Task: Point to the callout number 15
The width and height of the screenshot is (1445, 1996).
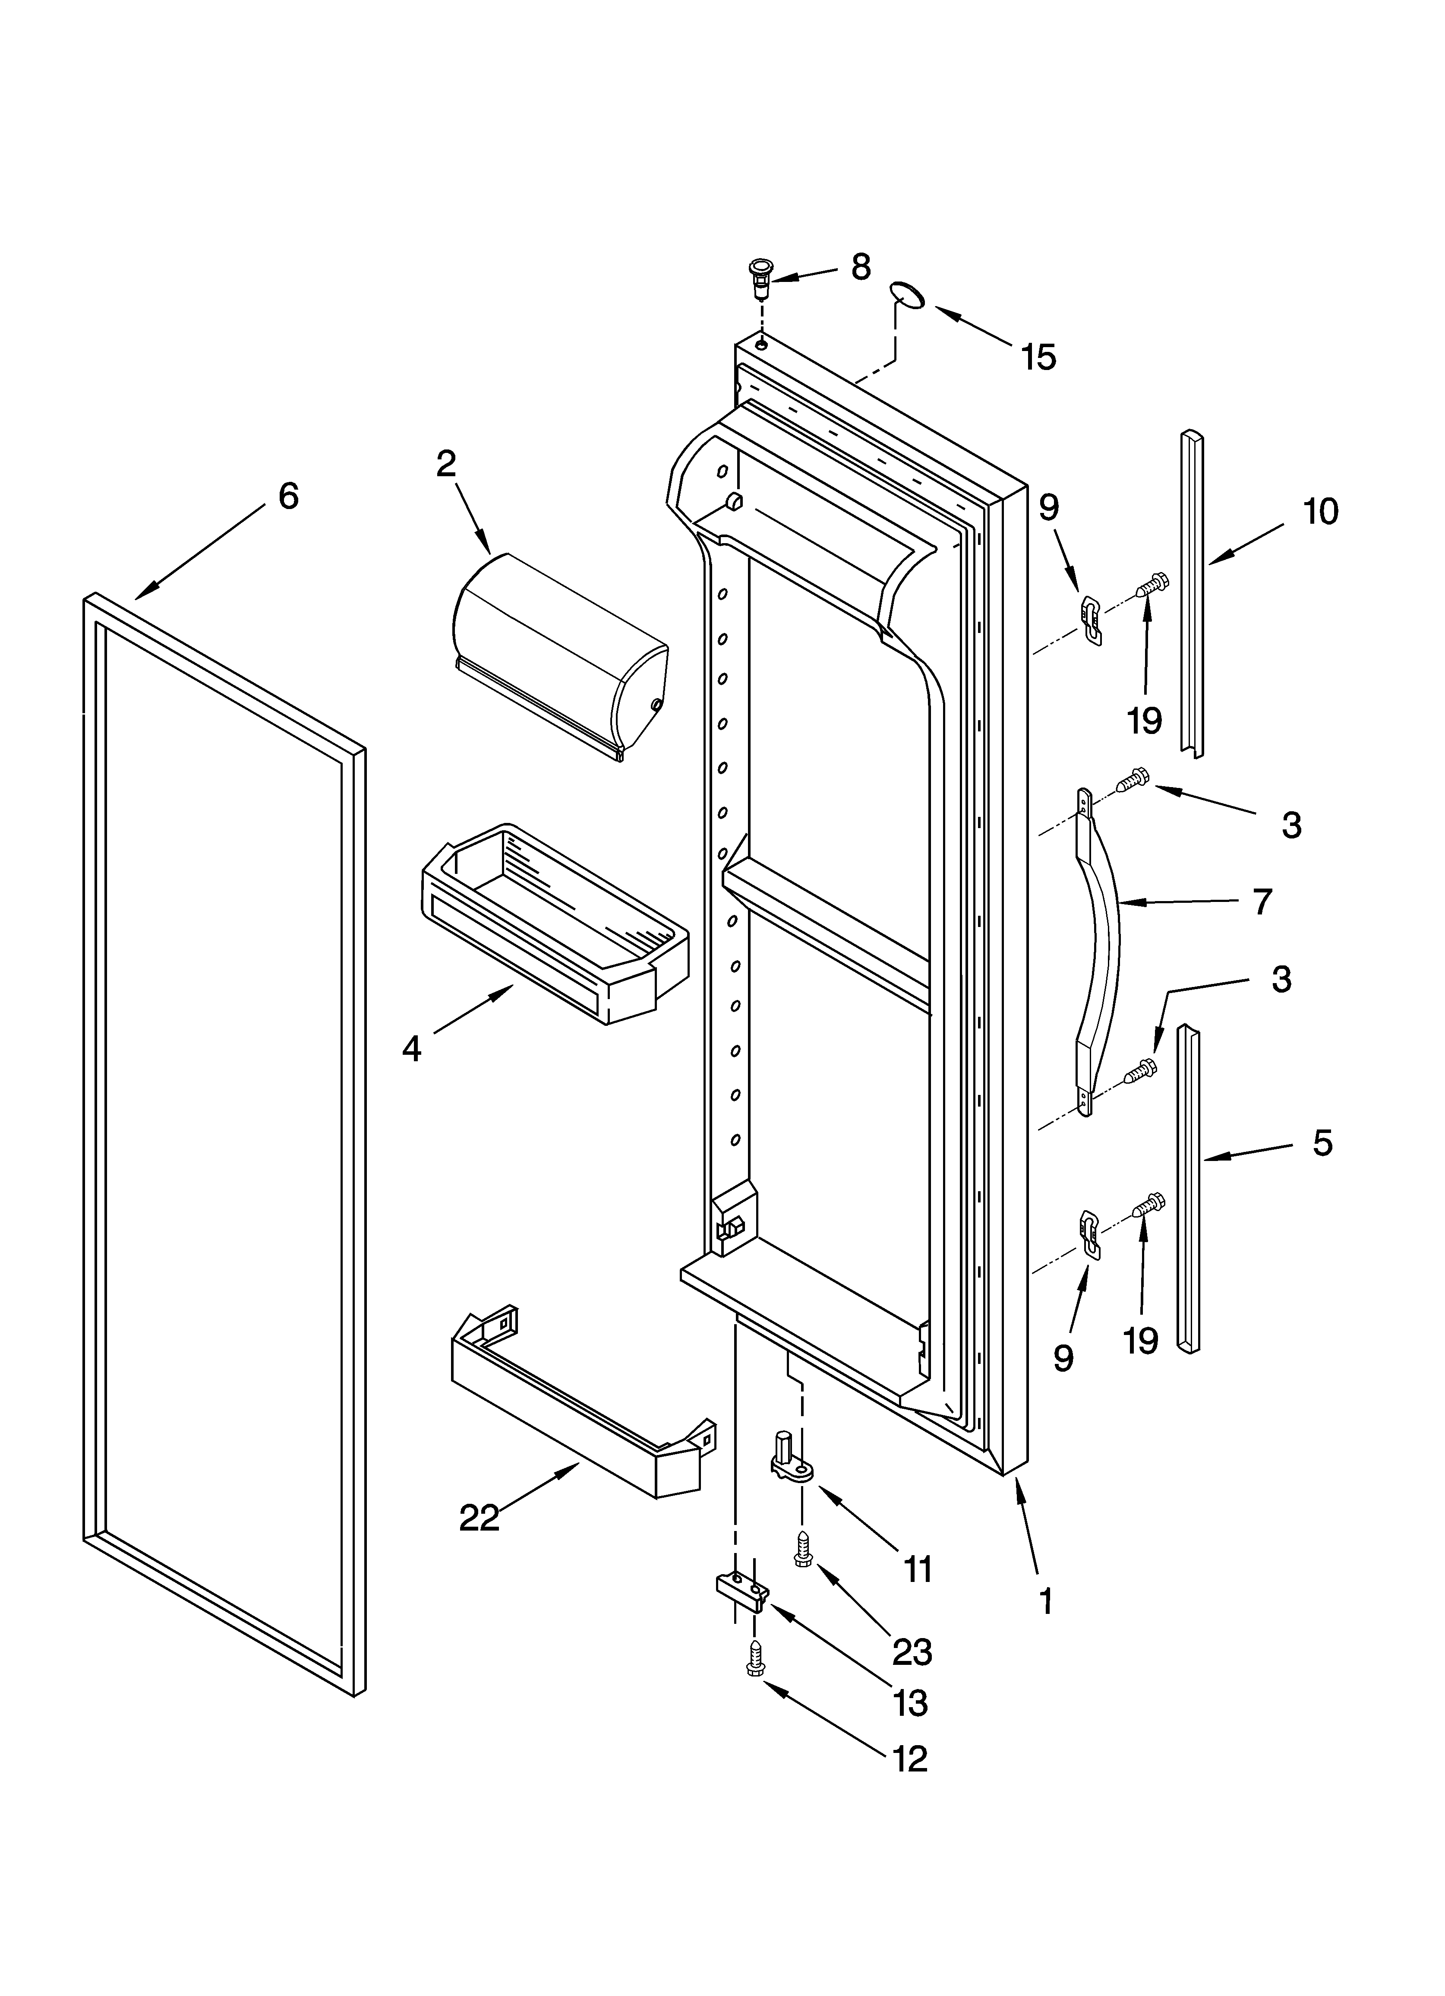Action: (1038, 358)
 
